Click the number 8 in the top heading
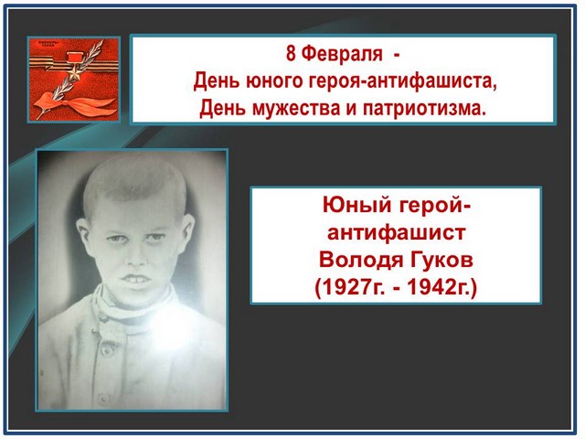click(x=291, y=54)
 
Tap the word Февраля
click(x=341, y=55)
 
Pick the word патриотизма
click(x=424, y=109)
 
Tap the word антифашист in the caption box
click(x=396, y=232)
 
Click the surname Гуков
click(x=441, y=260)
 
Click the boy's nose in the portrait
click(x=135, y=258)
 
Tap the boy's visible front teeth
click(x=136, y=278)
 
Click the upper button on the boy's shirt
click(x=107, y=351)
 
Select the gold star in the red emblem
click(x=74, y=74)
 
